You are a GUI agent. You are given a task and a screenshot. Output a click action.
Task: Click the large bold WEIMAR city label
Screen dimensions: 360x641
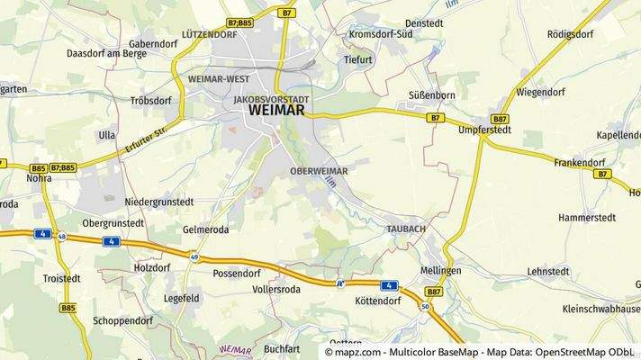[275, 111]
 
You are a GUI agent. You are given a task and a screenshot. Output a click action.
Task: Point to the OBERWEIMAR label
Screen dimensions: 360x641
[319, 170]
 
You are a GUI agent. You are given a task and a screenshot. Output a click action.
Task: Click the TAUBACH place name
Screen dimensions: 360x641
[405, 229]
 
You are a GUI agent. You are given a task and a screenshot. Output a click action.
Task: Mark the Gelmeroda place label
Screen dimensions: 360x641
[206, 229]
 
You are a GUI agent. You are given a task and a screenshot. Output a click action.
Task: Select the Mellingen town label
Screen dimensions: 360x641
[440, 270]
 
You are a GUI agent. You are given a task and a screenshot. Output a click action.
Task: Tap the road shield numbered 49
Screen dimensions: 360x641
[194, 256]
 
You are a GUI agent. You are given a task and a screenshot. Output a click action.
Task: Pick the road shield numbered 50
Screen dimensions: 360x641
[425, 308]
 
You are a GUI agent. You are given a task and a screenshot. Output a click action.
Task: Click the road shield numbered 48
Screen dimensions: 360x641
[62, 237]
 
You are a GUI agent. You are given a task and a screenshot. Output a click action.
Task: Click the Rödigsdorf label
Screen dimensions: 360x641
[571, 34]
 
